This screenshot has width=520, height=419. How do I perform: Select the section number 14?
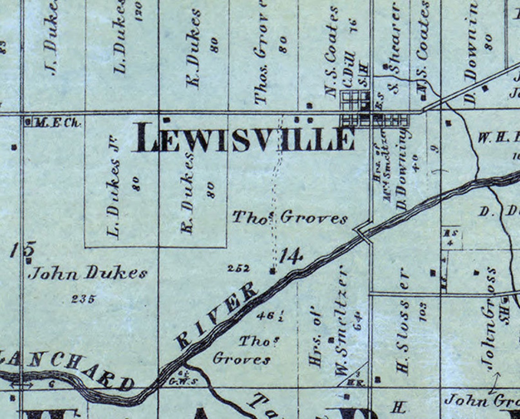291,257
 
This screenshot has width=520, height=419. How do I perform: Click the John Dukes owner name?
88,273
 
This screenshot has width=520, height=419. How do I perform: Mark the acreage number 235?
83,299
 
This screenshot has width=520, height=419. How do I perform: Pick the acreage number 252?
238,268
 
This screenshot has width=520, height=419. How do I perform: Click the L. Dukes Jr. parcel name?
113,187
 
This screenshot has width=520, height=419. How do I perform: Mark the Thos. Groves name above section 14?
290,218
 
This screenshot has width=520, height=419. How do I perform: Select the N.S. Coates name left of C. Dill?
332,50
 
